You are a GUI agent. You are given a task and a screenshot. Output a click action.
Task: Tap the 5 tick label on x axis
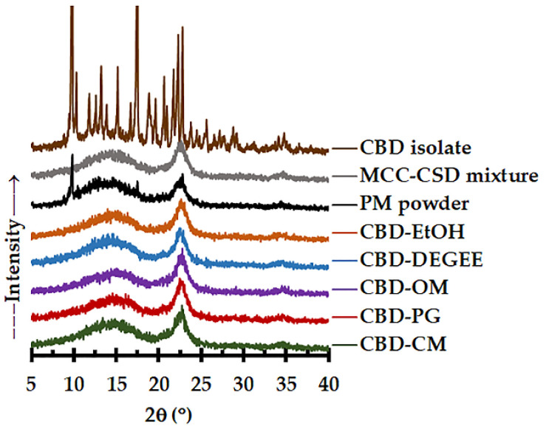31,382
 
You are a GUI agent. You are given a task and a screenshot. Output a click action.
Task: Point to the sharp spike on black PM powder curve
72,157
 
